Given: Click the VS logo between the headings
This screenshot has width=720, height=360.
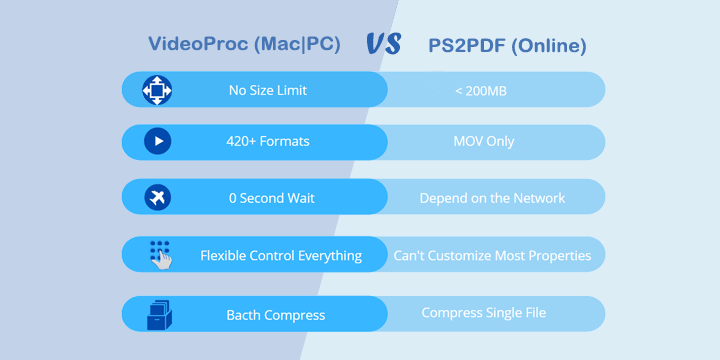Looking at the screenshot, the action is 384,44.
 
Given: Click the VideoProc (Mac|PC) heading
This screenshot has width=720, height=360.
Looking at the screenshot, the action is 244,44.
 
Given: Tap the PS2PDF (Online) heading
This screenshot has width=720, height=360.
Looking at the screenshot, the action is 507,46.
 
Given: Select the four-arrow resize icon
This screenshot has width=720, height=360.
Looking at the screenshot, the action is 157,90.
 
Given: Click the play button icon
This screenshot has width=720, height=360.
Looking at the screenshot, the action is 158,141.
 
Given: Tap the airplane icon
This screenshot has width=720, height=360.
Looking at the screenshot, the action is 158,197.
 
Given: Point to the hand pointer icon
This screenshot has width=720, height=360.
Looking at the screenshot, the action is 160,255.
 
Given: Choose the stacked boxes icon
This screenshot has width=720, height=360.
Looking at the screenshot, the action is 159,315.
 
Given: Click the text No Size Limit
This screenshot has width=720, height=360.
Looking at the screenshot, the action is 268,90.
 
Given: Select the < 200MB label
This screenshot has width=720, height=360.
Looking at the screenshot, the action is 481,91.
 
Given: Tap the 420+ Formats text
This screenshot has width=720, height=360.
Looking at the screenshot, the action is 268,141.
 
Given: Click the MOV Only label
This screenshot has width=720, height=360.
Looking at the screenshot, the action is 484,141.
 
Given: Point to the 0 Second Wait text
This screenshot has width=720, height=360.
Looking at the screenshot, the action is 272,198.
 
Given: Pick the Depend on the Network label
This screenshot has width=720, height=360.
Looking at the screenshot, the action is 492,198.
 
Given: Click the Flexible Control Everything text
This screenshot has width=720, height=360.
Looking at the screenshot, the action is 281,255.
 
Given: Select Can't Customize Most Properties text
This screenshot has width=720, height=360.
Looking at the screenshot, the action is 492,255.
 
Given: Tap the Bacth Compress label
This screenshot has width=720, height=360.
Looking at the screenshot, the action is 276,315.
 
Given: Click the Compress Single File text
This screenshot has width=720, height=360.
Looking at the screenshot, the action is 484,313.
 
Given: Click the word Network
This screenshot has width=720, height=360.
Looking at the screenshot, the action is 539,198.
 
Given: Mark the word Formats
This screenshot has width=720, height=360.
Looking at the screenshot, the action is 285,141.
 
